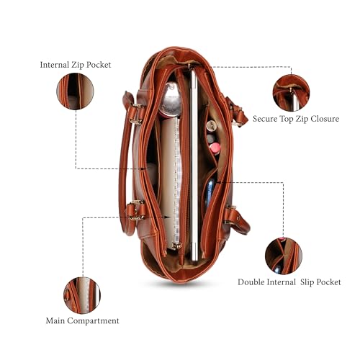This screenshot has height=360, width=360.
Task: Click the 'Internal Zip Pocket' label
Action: tap(76, 65)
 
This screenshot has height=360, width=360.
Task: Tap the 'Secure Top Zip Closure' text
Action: tap(296, 119)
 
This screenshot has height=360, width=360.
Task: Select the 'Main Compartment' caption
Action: tap(82, 320)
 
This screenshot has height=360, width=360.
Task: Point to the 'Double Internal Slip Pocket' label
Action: tap(289, 282)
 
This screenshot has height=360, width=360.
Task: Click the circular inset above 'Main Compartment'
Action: tap(82, 295)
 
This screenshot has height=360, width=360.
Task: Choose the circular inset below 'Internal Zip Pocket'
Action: tap(75, 91)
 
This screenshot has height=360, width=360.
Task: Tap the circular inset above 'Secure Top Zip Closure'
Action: tap(291, 93)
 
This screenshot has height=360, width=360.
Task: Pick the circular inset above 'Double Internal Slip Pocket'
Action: tap(284, 256)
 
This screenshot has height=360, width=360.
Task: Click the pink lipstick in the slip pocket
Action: tap(215, 148)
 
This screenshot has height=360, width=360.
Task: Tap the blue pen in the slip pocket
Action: tap(210, 192)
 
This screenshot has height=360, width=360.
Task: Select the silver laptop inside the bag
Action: tap(194, 166)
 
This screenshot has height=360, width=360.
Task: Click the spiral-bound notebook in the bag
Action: tap(171, 182)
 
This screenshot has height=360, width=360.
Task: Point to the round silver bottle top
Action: tap(171, 99)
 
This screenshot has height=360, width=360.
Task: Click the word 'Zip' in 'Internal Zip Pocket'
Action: tap(78, 65)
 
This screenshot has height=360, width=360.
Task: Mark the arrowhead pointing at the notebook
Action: tap(168, 217)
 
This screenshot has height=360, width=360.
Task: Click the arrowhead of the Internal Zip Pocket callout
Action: tap(144, 168)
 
